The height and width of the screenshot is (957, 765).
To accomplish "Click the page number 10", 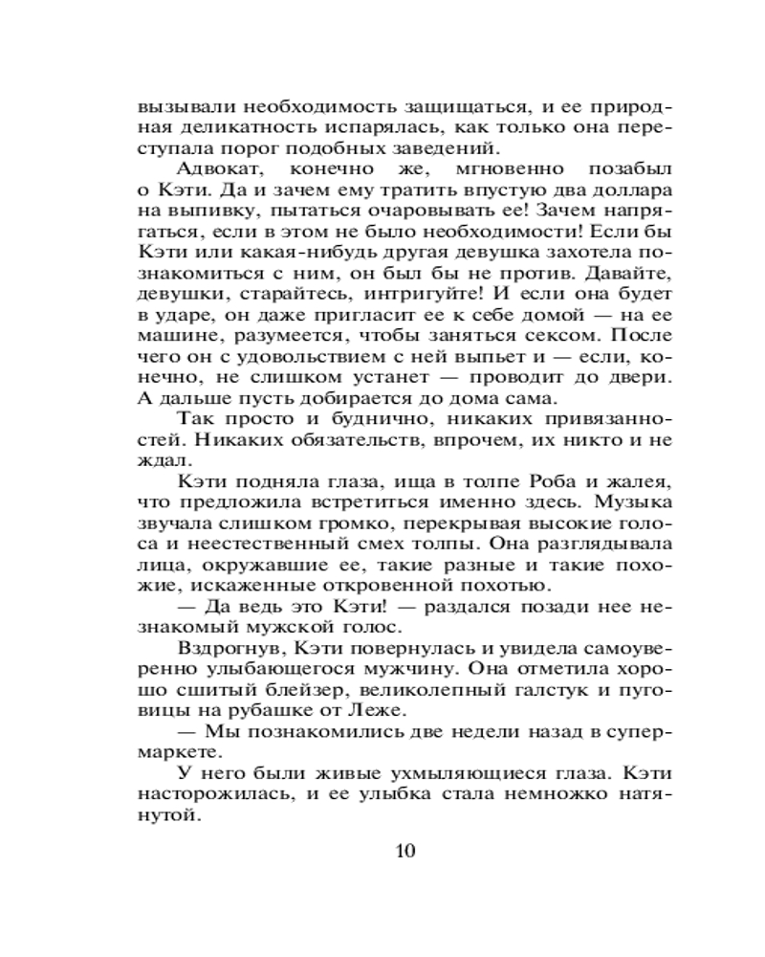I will pos(404,850).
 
